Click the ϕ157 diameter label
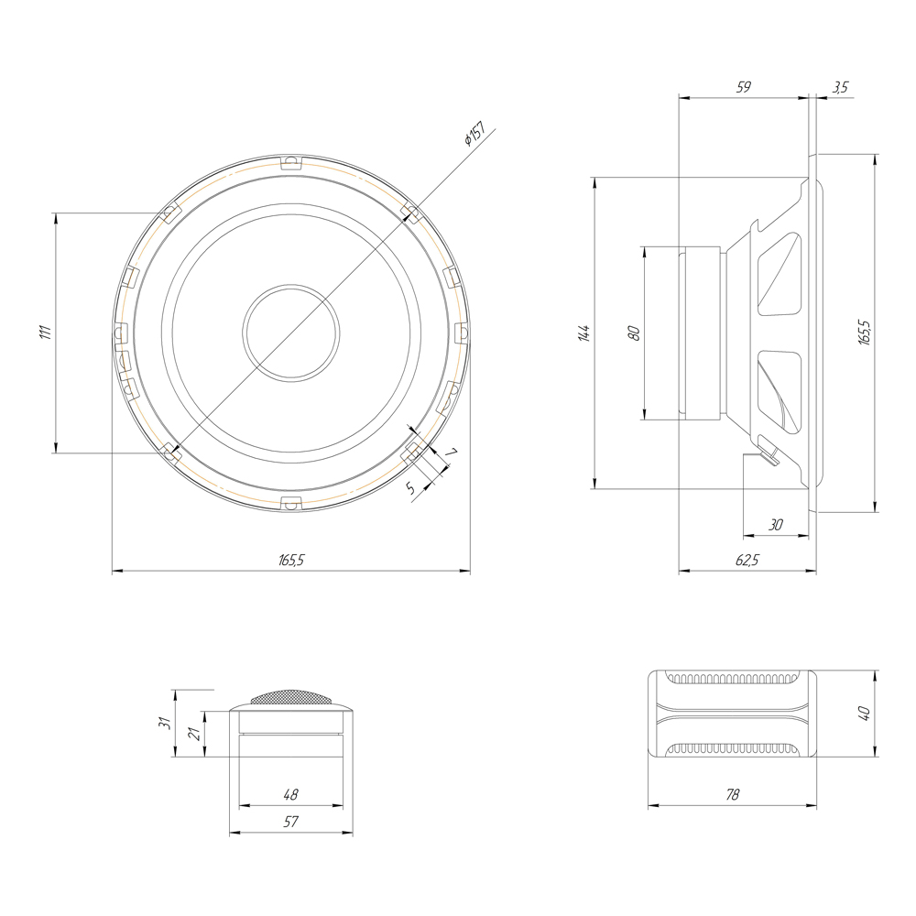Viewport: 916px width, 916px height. [x=474, y=133]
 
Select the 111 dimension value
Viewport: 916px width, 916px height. [x=46, y=333]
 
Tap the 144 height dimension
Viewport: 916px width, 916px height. [x=583, y=333]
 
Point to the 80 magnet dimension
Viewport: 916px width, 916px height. [x=634, y=333]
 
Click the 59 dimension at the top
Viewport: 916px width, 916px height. [x=743, y=87]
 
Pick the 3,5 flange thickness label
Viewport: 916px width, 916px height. [x=840, y=87]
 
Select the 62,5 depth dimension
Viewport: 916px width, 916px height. [x=747, y=560]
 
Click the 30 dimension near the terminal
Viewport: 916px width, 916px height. [x=775, y=525]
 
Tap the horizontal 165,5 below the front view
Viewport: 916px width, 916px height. [x=291, y=560]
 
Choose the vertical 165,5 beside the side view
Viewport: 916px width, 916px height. [x=865, y=333]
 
